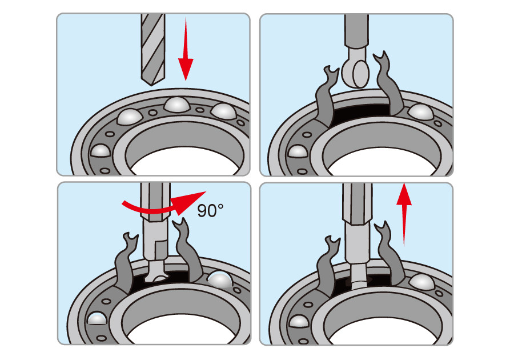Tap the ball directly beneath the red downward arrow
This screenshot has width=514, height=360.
[x=176, y=106]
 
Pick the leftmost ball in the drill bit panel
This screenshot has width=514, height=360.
[x=101, y=151]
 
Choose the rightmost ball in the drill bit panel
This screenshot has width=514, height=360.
[x=223, y=110]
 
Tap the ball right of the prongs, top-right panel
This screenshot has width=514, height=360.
[x=421, y=112]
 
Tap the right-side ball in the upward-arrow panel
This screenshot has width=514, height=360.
[x=421, y=282]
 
